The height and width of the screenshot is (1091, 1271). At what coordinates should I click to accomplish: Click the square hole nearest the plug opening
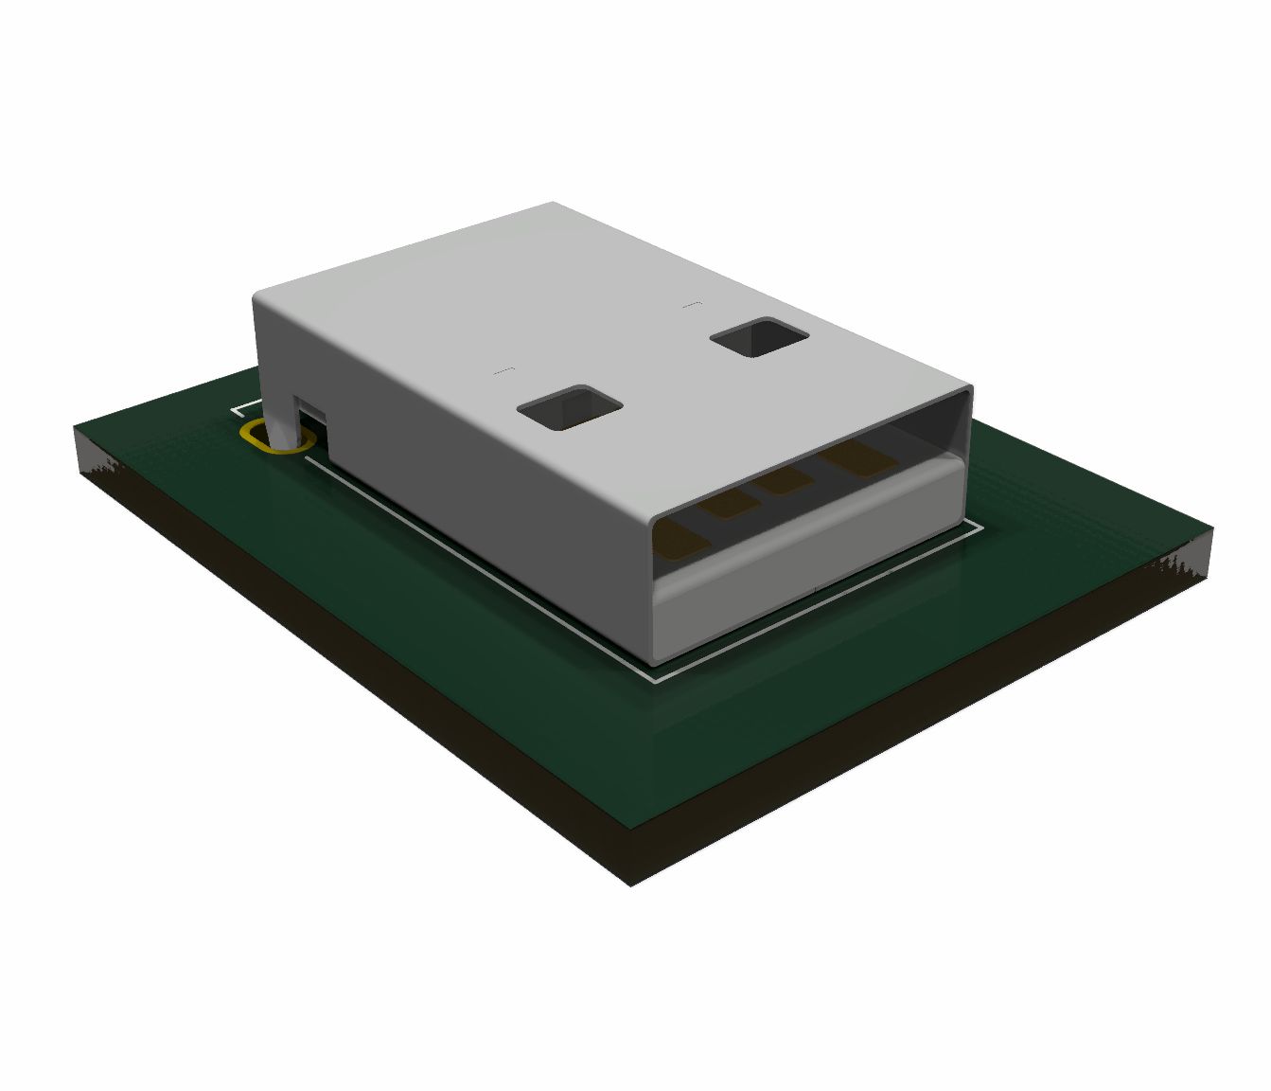click(570, 407)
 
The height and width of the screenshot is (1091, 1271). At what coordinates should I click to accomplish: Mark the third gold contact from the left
click(784, 483)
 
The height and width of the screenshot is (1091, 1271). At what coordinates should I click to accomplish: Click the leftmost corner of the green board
click(76, 428)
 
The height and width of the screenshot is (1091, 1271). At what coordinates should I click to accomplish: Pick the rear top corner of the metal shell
click(553, 203)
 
